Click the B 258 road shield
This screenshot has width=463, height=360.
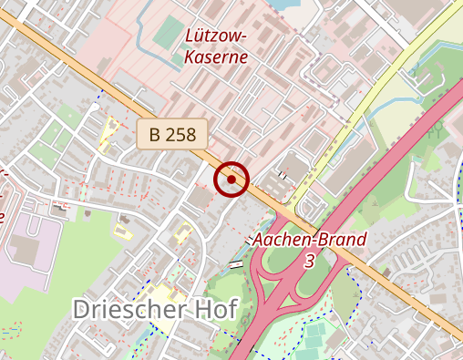tap(173, 134)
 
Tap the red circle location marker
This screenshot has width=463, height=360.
tap(231, 180)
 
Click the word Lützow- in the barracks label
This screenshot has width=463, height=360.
tap(215, 36)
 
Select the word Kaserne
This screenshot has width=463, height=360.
tap(215, 56)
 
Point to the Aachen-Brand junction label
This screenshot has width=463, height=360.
tap(310, 241)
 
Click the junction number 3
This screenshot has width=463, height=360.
tap(310, 261)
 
